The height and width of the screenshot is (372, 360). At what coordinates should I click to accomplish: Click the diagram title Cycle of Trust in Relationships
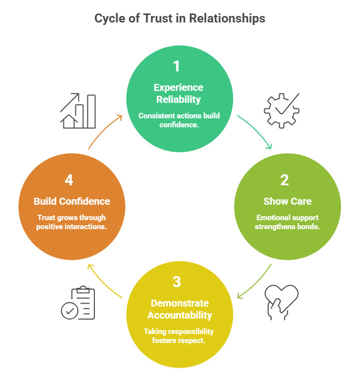pyautogui.click(x=180, y=19)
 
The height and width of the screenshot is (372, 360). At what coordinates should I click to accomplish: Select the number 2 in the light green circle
pyautogui.click(x=284, y=180)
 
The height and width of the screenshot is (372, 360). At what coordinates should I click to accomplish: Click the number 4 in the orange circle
pyautogui.click(x=69, y=180)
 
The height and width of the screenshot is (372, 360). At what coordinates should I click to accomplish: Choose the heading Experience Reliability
pyautogui.click(x=179, y=93)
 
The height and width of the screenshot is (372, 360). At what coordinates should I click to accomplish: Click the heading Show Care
pyautogui.click(x=287, y=202)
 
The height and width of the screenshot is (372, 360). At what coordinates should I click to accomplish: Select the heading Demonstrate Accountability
pyautogui.click(x=179, y=309)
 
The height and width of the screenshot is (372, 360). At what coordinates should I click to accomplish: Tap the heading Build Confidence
pyautogui.click(x=72, y=202)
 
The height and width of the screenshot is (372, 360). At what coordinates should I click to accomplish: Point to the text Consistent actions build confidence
pyautogui.click(x=179, y=120)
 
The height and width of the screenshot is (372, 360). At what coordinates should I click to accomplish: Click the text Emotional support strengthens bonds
pyautogui.click(x=287, y=222)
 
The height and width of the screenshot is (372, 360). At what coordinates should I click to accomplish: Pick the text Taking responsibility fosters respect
pyautogui.click(x=179, y=336)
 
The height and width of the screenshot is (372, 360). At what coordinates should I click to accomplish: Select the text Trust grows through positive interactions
pyautogui.click(x=72, y=222)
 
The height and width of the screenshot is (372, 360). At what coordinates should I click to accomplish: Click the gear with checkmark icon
pyautogui.click(x=281, y=109)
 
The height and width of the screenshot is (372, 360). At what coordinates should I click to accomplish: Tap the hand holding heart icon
pyautogui.click(x=281, y=301)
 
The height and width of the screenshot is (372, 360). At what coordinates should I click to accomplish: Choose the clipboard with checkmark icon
pyautogui.click(x=78, y=303)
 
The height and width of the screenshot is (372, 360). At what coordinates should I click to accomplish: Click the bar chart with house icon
pyautogui.click(x=78, y=110)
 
